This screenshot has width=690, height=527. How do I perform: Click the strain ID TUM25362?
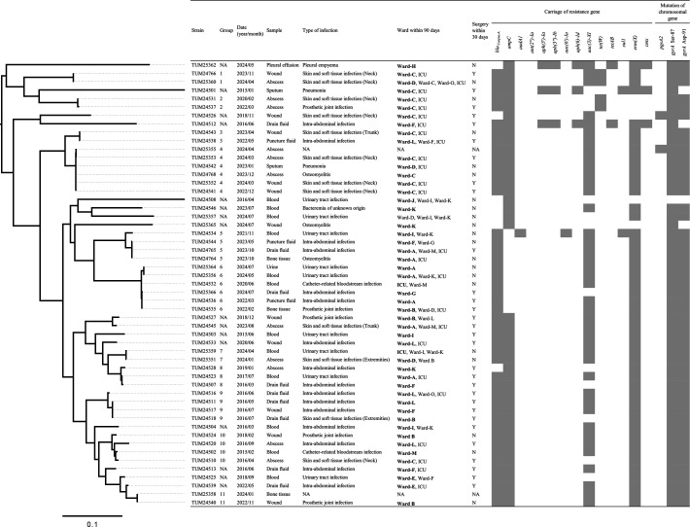[x=205, y=65]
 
